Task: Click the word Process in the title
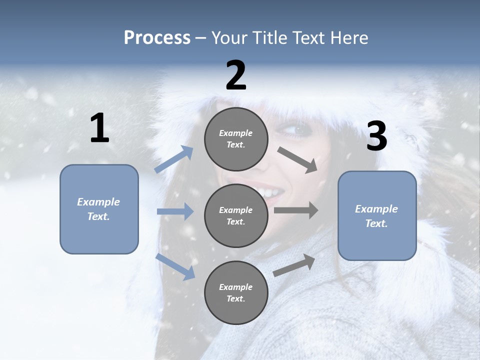pyautogui.click(x=157, y=38)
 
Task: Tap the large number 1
pyautogui.click(x=99, y=128)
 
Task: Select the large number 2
pyautogui.click(x=236, y=75)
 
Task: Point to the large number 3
pyautogui.click(x=376, y=136)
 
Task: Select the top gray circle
pyautogui.click(x=236, y=139)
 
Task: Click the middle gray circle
pyautogui.click(x=236, y=215)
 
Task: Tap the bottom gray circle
pyautogui.click(x=236, y=292)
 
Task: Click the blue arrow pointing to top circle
pyautogui.click(x=174, y=159)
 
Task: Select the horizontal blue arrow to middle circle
pyautogui.click(x=175, y=211)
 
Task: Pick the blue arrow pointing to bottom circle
pyautogui.click(x=175, y=266)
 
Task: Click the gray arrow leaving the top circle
pyautogui.click(x=297, y=160)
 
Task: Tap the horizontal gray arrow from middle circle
pyautogui.click(x=296, y=210)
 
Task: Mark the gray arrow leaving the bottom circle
pyautogui.click(x=294, y=265)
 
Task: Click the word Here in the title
pyautogui.click(x=349, y=38)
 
